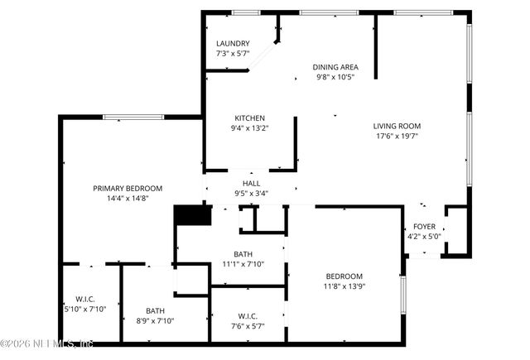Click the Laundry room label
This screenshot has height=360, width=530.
pyautogui.click(x=233, y=44)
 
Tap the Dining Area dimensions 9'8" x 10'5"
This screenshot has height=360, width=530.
pyautogui.click(x=335, y=78)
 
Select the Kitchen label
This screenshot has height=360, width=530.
pyautogui.click(x=248, y=118)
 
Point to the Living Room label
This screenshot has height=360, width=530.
pyautogui.click(x=397, y=127)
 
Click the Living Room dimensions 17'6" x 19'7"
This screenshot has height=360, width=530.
pyautogui.click(x=397, y=137)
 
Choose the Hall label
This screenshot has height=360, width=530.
pyautogui.click(x=251, y=184)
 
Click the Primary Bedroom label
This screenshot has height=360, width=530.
pyautogui.click(x=127, y=188)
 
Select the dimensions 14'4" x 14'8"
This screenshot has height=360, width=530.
pyautogui.click(x=127, y=199)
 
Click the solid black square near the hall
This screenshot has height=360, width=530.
pyautogui.click(x=192, y=215)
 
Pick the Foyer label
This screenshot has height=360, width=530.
pyautogui.click(x=424, y=226)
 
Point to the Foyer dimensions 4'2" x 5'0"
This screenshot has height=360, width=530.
pyautogui.click(x=424, y=237)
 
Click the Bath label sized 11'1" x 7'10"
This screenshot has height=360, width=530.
pyautogui.click(x=243, y=254)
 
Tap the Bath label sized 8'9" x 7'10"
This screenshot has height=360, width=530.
pyautogui.click(x=156, y=311)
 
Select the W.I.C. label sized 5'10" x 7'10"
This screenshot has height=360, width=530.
pyautogui.click(x=85, y=299)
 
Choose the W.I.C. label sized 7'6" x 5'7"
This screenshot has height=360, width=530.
pyautogui.click(x=247, y=315)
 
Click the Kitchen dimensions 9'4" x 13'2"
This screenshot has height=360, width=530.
pyautogui.click(x=248, y=128)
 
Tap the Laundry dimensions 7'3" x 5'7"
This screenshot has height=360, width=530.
pyautogui.click(x=233, y=55)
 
